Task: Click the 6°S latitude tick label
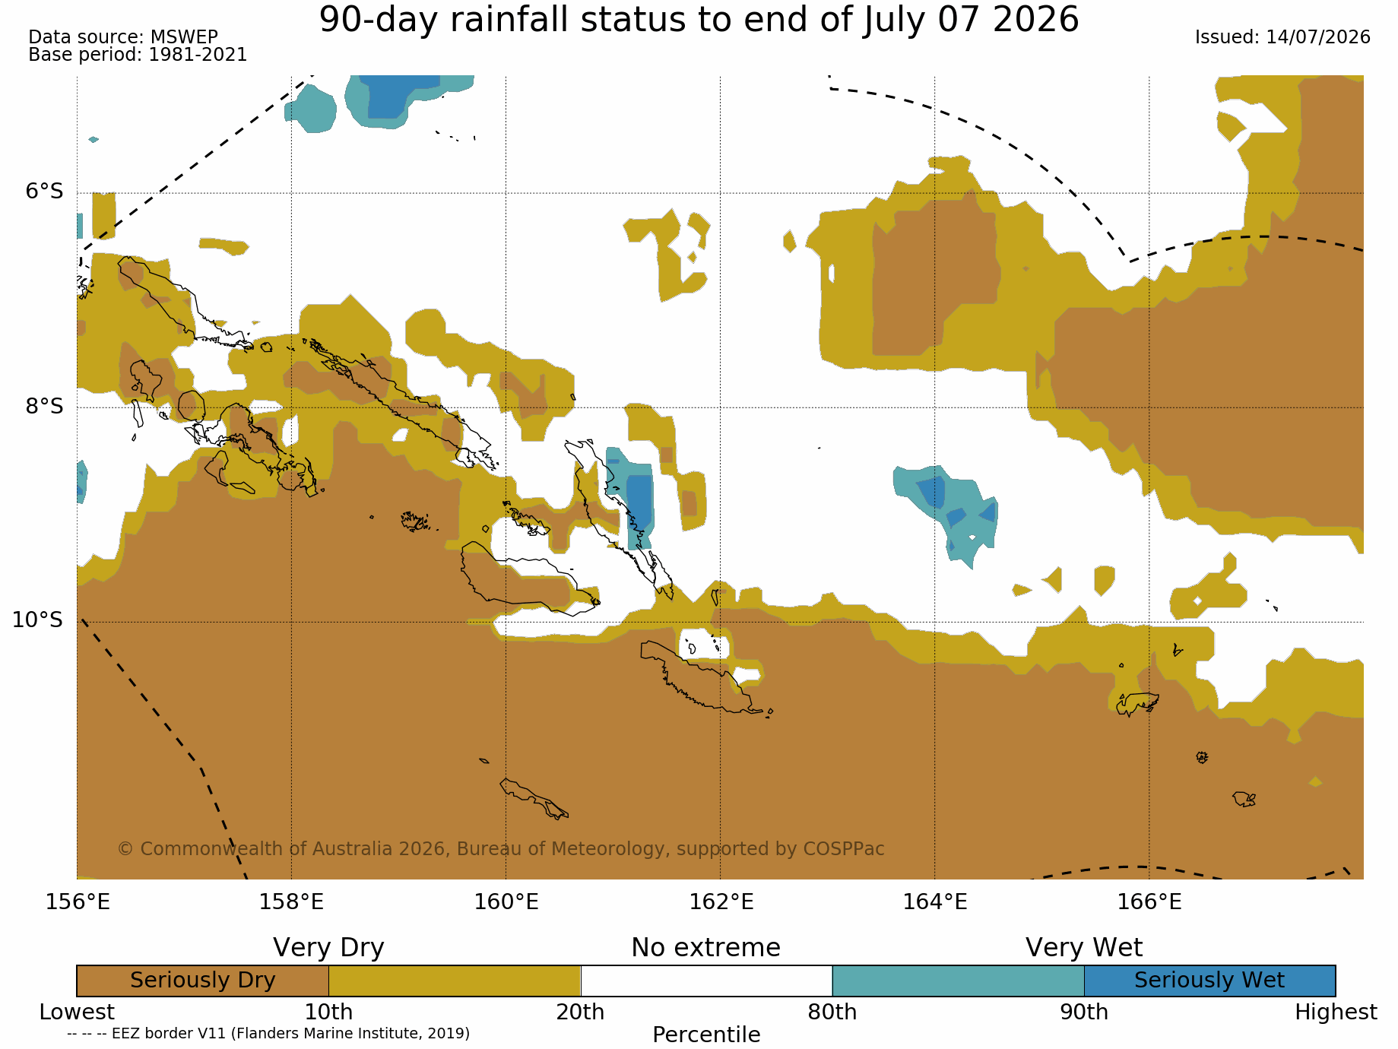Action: click(45, 192)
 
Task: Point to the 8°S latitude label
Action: click(45, 406)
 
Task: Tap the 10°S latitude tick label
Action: click(38, 620)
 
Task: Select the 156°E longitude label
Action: click(78, 902)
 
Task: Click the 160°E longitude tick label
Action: click(506, 902)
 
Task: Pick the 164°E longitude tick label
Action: click(935, 902)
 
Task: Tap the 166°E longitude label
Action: click(1149, 902)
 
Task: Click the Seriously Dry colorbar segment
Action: click(203, 981)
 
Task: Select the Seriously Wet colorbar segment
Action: click(1209, 981)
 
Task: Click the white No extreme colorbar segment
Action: click(706, 981)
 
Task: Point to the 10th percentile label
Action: click(328, 1013)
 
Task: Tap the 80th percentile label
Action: click(832, 1013)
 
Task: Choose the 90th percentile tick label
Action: click(1084, 1013)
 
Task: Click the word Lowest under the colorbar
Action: click(77, 1013)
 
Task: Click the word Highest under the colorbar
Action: click(1336, 1013)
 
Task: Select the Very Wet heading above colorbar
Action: click(1084, 948)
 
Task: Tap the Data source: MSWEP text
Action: click(123, 36)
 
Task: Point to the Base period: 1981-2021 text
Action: click(138, 55)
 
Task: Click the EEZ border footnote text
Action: click(268, 1033)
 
